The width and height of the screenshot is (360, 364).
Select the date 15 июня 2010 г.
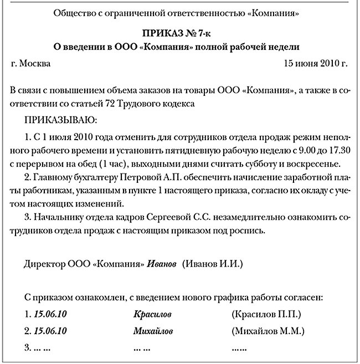click(x=315, y=64)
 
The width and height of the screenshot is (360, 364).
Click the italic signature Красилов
click(x=152, y=315)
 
